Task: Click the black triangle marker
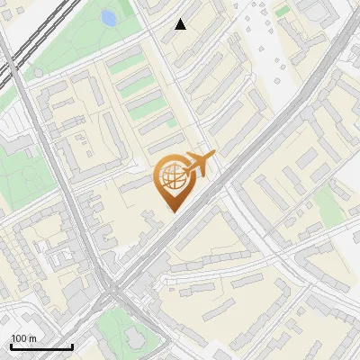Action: point(181,24)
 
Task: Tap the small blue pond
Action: point(109,18)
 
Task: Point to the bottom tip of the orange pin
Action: point(171,211)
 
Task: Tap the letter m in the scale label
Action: point(33,338)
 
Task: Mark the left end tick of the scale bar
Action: point(11,346)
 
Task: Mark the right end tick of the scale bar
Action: point(72,346)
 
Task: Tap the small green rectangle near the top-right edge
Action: point(283,11)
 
